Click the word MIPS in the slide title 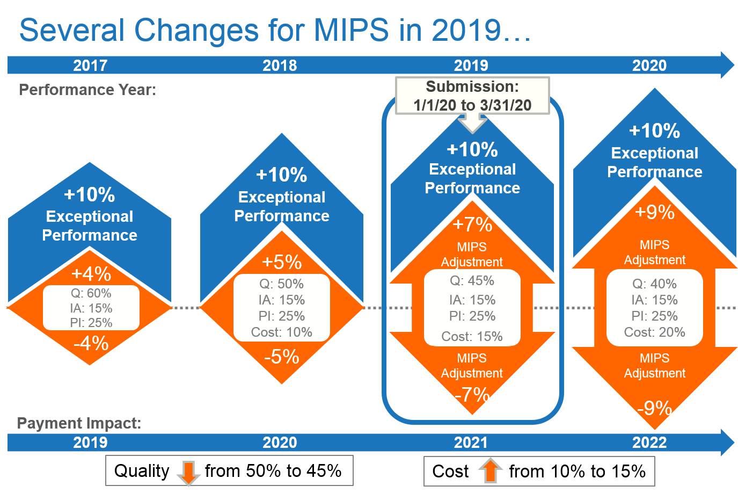(351, 30)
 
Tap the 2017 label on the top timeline (90, 66)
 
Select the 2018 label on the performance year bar (280, 66)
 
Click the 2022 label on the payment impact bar (649, 443)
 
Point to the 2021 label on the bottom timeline (471, 443)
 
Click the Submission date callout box (472, 96)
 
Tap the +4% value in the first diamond (91, 274)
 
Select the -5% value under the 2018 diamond (281, 357)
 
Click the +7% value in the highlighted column (472, 224)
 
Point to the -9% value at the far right (654, 408)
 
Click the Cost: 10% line (282, 332)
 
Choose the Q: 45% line (472, 281)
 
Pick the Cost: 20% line (654, 332)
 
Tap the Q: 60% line (91, 293)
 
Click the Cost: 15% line (472, 337)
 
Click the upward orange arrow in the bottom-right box (491, 470)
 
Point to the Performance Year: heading (87, 90)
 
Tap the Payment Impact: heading (79, 423)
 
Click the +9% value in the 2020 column (654, 212)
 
